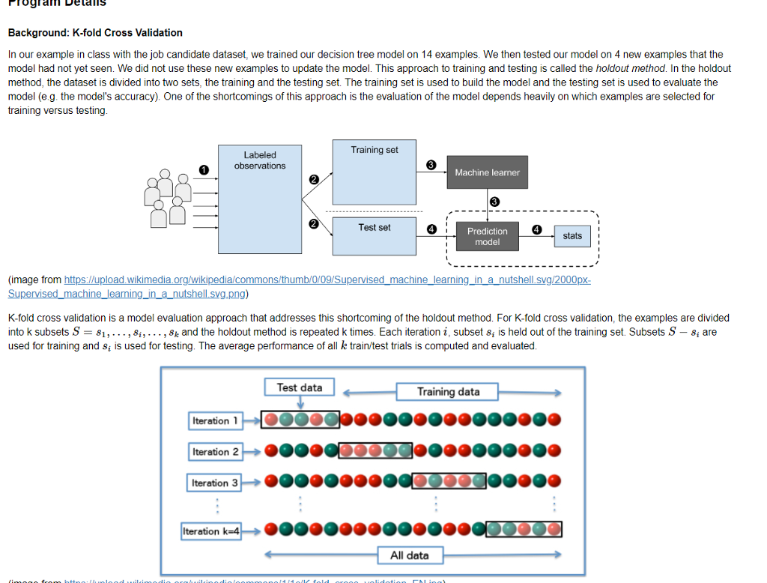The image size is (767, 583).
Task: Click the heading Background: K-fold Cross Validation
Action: coord(95,33)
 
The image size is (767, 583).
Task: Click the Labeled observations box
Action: coord(259,199)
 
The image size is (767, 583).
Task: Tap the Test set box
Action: coord(375,235)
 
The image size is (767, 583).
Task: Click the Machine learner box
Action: coord(487,173)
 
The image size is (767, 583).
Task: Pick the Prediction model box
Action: coord(487,236)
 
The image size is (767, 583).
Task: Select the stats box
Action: coord(572,236)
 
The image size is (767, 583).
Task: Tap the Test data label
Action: coord(300,387)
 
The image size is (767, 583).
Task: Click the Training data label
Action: coord(448,391)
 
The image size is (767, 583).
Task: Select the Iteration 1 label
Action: coord(215,421)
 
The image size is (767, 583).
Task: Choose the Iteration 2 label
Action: coord(215,452)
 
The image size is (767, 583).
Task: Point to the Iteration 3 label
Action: coord(215,483)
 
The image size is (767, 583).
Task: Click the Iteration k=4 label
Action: coord(212,531)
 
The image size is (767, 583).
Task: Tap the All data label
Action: coord(409,555)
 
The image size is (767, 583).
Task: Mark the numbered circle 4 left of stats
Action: coord(536,229)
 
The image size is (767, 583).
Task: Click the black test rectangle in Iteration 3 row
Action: coord(449,483)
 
